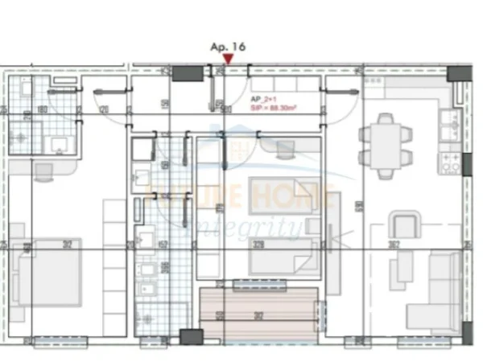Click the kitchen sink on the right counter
[x=448, y=123]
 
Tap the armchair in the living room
[x=405, y=224]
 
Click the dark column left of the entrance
[x=186, y=73]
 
